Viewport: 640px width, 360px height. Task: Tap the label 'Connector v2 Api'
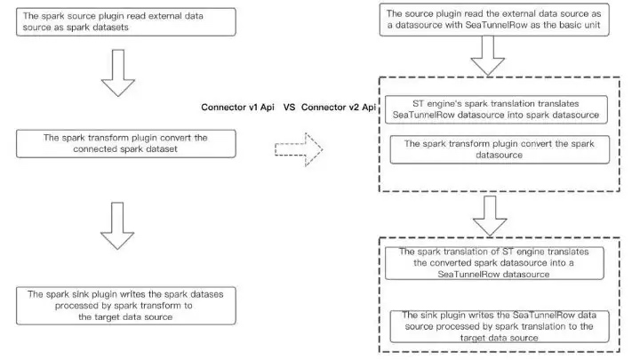(x=340, y=108)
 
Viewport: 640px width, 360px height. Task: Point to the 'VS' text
(x=290, y=108)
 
